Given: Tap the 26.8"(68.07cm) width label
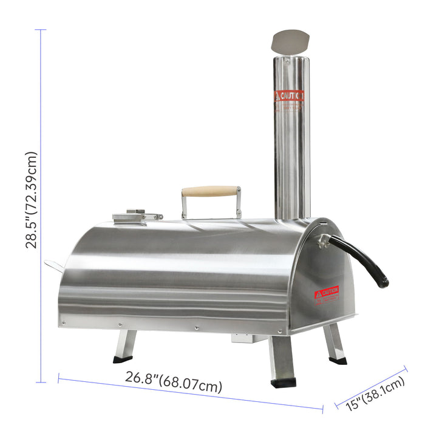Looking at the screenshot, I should point(174,384).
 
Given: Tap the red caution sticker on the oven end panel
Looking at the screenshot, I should point(326,293).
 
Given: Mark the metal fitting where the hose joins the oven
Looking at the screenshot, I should point(323,240).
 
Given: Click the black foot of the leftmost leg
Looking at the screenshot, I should point(122,359).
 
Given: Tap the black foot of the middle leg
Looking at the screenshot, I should point(283,382).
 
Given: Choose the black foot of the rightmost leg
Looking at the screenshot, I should point(338,360).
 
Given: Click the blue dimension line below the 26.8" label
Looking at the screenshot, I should point(188,397).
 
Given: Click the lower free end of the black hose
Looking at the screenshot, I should point(383,282).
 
